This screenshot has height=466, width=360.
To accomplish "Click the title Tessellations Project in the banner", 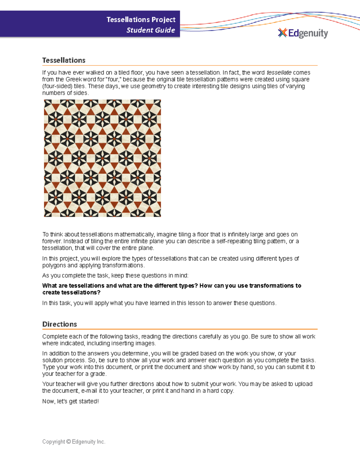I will [x=141, y=20].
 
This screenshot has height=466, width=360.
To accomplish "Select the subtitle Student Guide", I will [x=151, y=30].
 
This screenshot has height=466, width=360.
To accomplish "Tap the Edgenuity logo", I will [x=303, y=33].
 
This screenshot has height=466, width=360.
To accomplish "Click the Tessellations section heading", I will [x=64, y=60].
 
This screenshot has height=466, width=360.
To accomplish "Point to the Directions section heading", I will [x=59, y=324].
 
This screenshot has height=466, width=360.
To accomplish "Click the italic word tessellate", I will [x=279, y=73].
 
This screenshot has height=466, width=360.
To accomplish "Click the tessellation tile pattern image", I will [x=102, y=158].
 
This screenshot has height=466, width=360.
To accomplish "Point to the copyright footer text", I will [x=74, y=442].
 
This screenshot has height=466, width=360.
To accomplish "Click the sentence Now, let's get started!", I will [x=70, y=401].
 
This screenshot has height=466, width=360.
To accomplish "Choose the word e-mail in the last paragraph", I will [x=89, y=391].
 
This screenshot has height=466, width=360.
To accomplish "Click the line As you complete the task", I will [x=115, y=275].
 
